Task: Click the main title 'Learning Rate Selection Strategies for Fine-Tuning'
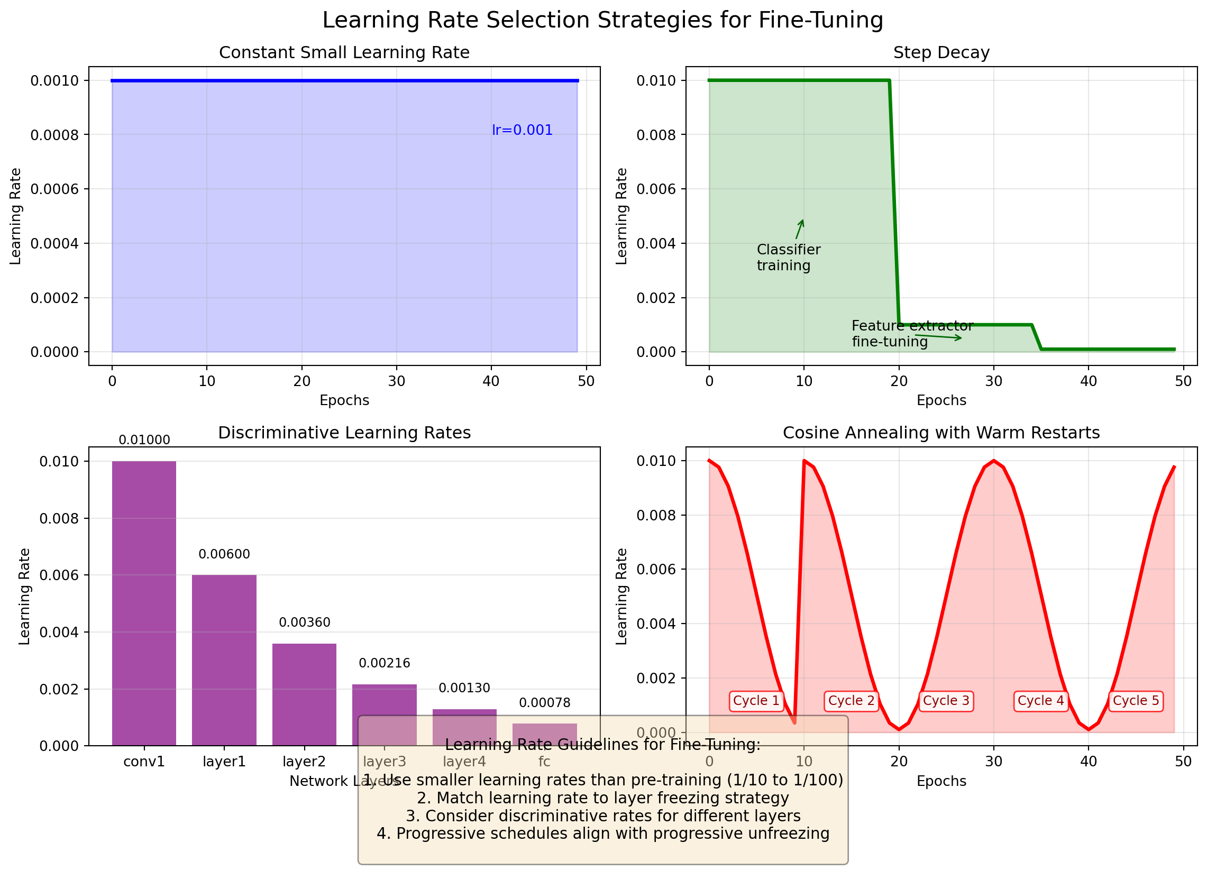point(602,20)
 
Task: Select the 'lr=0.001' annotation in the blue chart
point(522,130)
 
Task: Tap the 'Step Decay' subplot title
point(941,53)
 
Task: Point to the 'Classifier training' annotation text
point(788,258)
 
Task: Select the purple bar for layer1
point(224,660)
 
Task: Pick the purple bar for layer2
point(304,692)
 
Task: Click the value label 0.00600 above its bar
point(224,554)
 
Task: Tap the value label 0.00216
point(384,664)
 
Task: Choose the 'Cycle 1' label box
point(756,701)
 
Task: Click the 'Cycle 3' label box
point(946,701)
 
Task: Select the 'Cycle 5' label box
point(1136,701)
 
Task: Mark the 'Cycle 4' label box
point(1040,701)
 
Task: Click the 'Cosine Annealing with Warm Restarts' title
point(941,433)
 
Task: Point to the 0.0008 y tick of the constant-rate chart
point(54,135)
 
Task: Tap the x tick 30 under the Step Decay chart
point(994,381)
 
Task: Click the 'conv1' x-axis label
point(144,762)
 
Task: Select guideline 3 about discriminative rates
point(602,816)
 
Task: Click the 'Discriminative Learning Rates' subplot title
point(344,433)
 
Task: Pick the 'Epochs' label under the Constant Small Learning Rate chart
point(344,401)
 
